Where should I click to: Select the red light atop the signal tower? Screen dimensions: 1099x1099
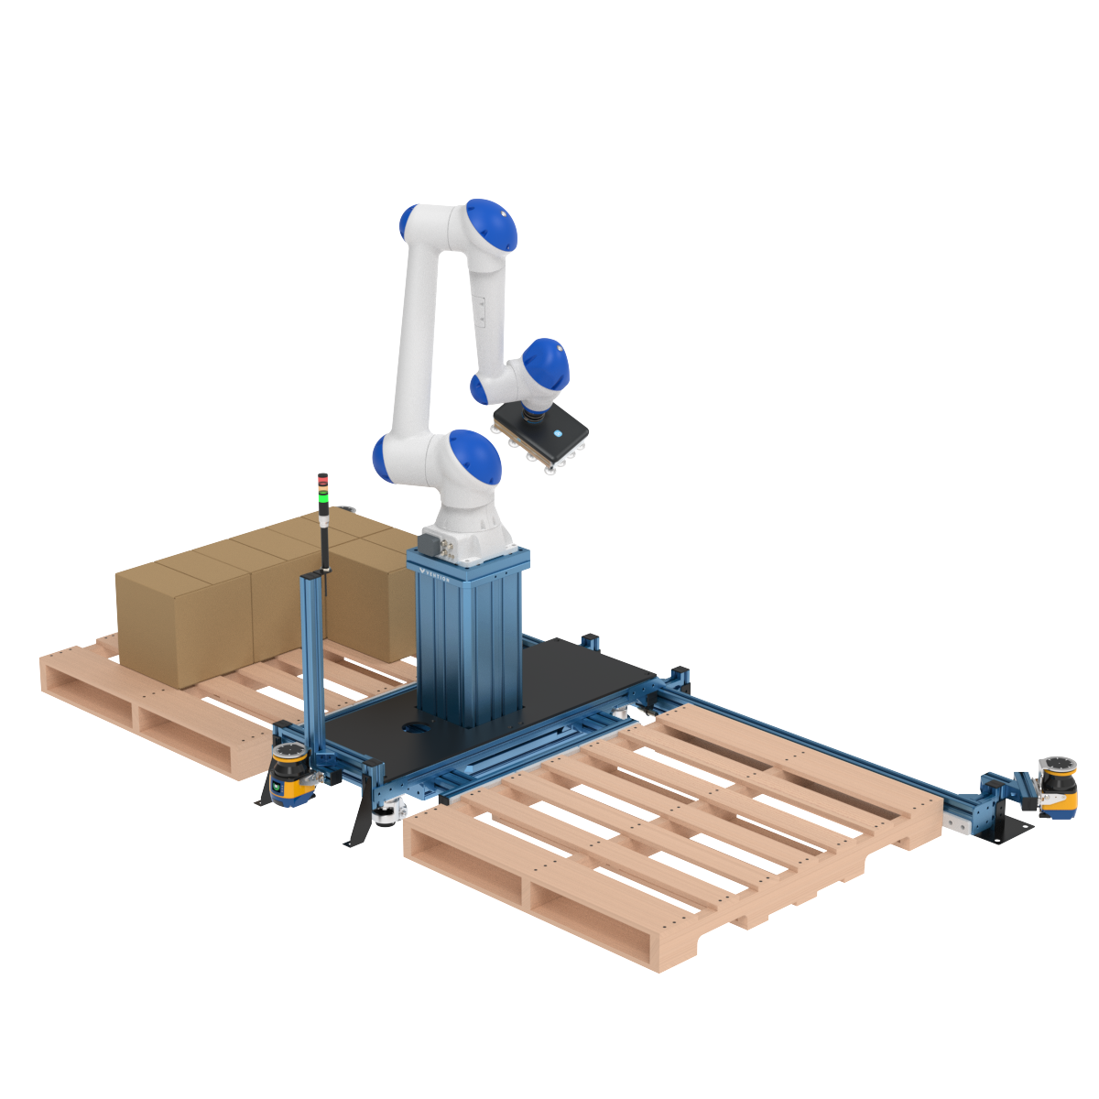pos(322,478)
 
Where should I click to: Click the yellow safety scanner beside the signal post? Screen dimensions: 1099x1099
pos(290,777)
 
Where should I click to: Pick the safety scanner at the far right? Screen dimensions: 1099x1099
pos(1058,787)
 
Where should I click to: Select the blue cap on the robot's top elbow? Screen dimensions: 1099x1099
pos(492,225)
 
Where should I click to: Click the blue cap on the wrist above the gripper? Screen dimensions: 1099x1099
pos(547,365)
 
